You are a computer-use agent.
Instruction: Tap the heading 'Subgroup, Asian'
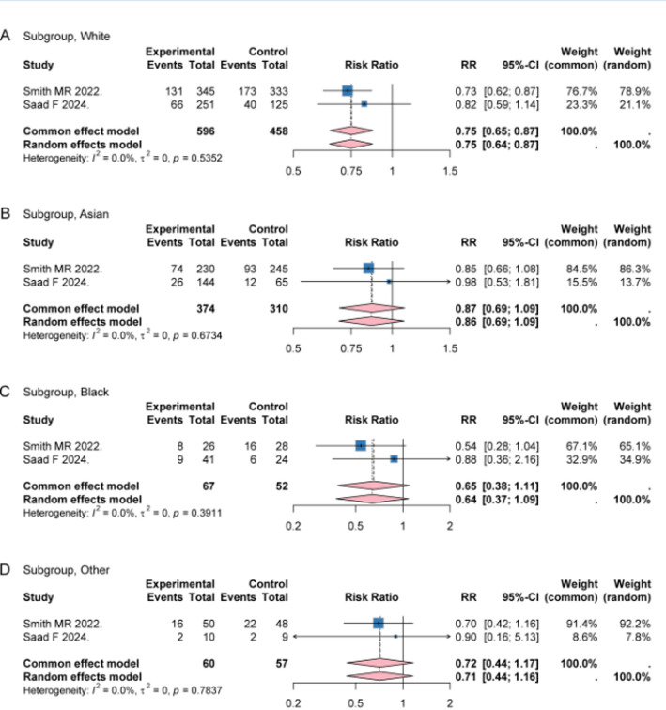coord(70,214)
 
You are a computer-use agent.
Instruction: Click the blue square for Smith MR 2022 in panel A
coord(347,90)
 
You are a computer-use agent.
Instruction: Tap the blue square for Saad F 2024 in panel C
coord(395,458)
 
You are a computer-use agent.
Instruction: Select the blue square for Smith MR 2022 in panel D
coord(379,623)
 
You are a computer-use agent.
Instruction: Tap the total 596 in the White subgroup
coord(200,129)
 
